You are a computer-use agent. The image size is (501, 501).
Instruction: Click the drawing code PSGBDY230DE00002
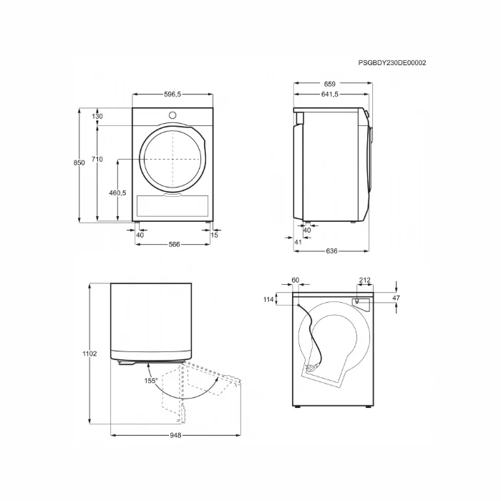click(x=391, y=63)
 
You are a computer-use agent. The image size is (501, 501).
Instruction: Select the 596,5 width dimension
click(x=172, y=94)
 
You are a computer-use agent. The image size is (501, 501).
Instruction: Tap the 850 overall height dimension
click(x=79, y=162)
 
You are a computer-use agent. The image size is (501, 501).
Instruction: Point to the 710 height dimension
click(x=97, y=159)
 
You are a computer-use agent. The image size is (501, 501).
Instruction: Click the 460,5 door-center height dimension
click(x=117, y=193)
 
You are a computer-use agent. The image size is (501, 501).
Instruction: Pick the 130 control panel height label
click(x=97, y=116)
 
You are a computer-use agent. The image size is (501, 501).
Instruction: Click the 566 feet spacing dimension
click(x=174, y=245)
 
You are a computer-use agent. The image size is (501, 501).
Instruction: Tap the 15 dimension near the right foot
click(x=215, y=235)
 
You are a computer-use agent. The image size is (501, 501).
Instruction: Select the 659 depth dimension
click(x=330, y=84)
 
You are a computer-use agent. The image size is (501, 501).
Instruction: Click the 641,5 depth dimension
click(x=330, y=94)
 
